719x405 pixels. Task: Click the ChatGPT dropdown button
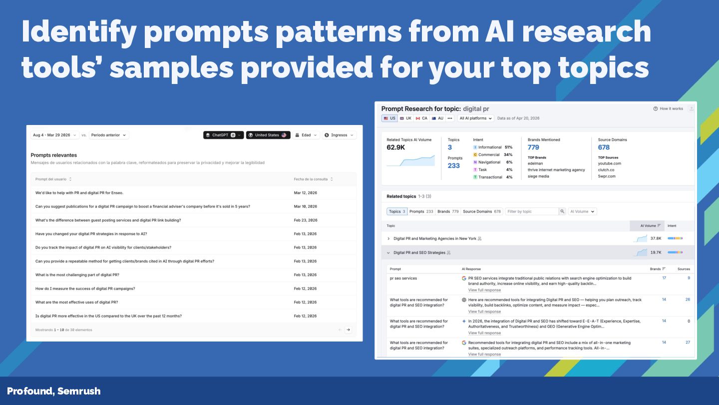pyautogui.click(x=223, y=135)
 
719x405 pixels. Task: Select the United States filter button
pyautogui.click(x=268, y=135)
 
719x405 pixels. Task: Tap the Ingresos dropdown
pyautogui.click(x=339, y=135)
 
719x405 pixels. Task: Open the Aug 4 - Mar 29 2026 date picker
pyautogui.click(x=54, y=135)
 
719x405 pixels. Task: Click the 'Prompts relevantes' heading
pyautogui.click(x=54, y=155)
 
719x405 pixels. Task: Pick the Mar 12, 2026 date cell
pyautogui.click(x=306, y=193)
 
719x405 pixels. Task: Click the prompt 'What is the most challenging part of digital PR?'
pyautogui.click(x=77, y=275)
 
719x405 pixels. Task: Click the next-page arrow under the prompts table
pyautogui.click(x=348, y=329)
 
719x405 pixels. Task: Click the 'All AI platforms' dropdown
pyautogui.click(x=475, y=118)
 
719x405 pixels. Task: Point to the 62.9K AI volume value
pyautogui.click(x=395, y=147)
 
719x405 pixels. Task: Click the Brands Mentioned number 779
pyautogui.click(x=533, y=147)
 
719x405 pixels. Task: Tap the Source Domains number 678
pyautogui.click(x=604, y=147)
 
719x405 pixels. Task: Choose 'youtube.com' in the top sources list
pyautogui.click(x=609, y=163)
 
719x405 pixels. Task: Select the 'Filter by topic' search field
pyautogui.click(x=532, y=211)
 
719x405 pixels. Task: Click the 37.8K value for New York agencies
pyautogui.click(x=656, y=238)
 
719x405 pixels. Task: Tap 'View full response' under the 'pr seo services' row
pyautogui.click(x=484, y=290)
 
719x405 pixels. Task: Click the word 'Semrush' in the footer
pyautogui.click(x=79, y=391)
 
